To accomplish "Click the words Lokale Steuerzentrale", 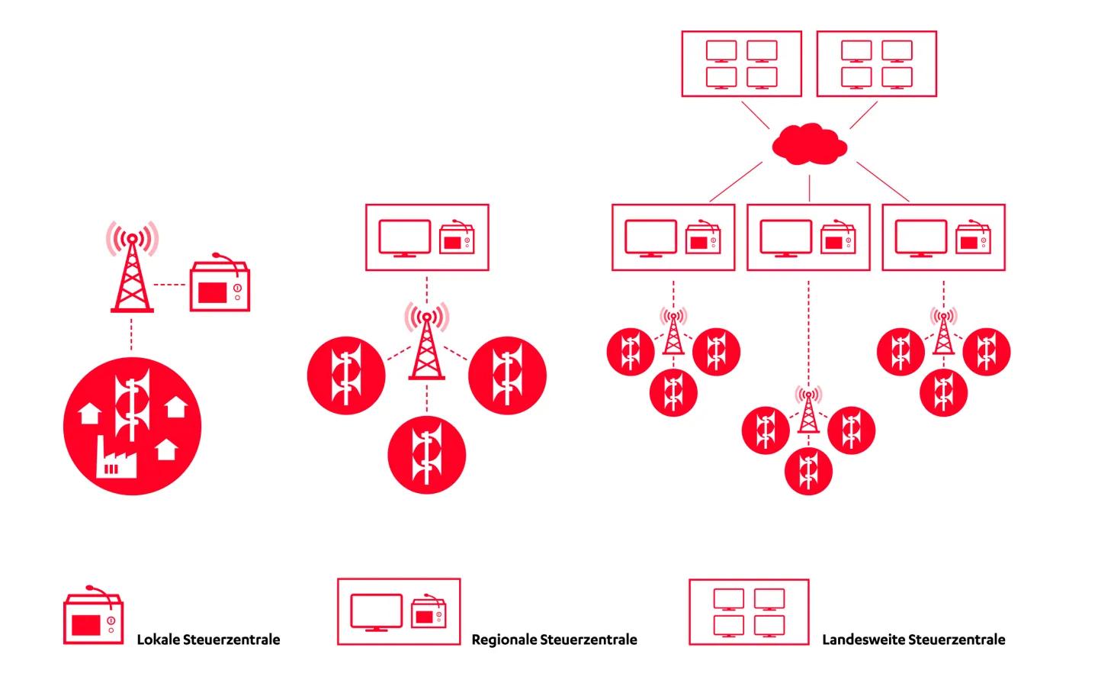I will click(x=208, y=640).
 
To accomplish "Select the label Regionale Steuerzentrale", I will click(x=554, y=640).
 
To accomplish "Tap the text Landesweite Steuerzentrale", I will click(x=913, y=640).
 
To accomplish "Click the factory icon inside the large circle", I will click(x=115, y=459).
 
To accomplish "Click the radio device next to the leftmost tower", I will click(x=220, y=285).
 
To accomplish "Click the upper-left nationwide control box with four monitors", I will click(x=741, y=64).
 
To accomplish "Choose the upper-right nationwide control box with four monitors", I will click(x=876, y=64).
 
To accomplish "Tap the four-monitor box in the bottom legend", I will click(x=749, y=612).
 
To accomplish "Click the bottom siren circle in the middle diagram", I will click(x=426, y=455).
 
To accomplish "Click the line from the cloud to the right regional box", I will click(x=883, y=182).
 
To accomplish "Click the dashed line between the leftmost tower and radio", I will click(x=171, y=285).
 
